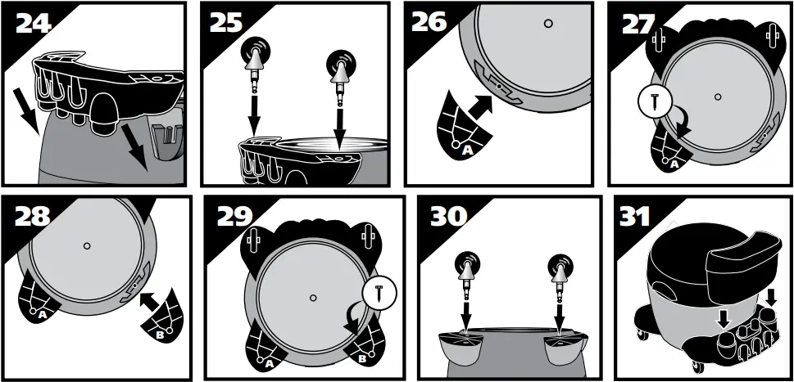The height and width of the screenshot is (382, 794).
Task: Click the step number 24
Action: pos(34,22)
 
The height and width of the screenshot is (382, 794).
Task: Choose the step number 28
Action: pos(33,217)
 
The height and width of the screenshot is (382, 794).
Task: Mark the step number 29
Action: pos(234,217)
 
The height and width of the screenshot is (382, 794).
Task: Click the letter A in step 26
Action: pos(468,150)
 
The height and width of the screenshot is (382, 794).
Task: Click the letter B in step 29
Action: pos(362,358)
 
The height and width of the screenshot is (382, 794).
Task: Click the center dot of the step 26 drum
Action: pos(548,23)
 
